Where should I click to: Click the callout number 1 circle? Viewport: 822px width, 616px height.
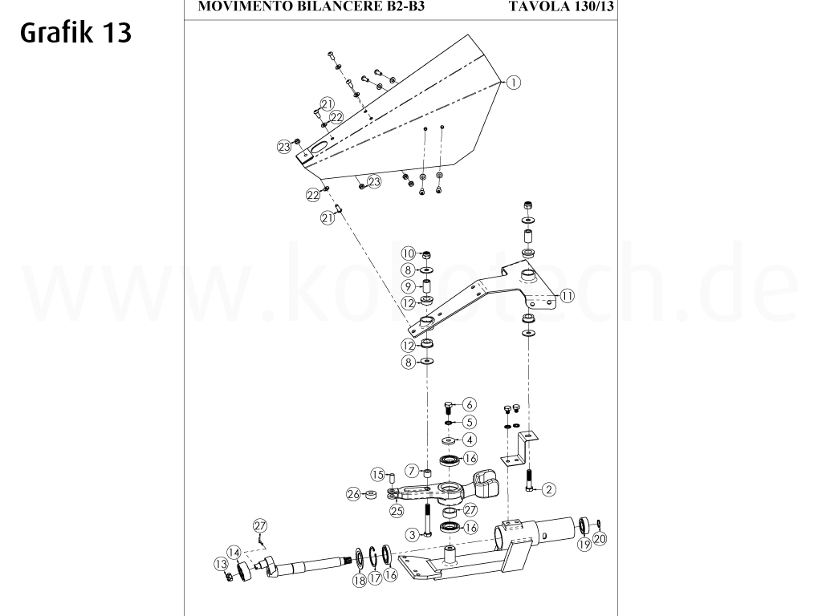tap(514, 82)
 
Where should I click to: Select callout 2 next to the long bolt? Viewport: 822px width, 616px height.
tap(549, 488)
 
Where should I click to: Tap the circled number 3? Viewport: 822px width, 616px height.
tap(412, 534)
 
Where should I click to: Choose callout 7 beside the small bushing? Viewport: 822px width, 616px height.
tap(412, 470)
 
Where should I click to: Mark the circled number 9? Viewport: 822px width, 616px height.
tap(408, 286)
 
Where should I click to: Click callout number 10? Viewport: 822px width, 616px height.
tap(408, 254)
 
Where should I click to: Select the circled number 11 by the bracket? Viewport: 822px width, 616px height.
tap(567, 295)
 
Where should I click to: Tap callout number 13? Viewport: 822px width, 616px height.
tap(221, 564)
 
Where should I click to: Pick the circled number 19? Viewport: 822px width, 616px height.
tap(584, 545)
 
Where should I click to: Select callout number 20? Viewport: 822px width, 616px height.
tap(600, 538)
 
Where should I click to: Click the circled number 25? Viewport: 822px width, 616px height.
tap(396, 510)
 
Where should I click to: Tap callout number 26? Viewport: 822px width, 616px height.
tap(352, 495)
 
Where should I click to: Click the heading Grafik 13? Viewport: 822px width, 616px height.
tap(77, 33)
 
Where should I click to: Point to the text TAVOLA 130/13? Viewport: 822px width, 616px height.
tap(561, 6)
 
